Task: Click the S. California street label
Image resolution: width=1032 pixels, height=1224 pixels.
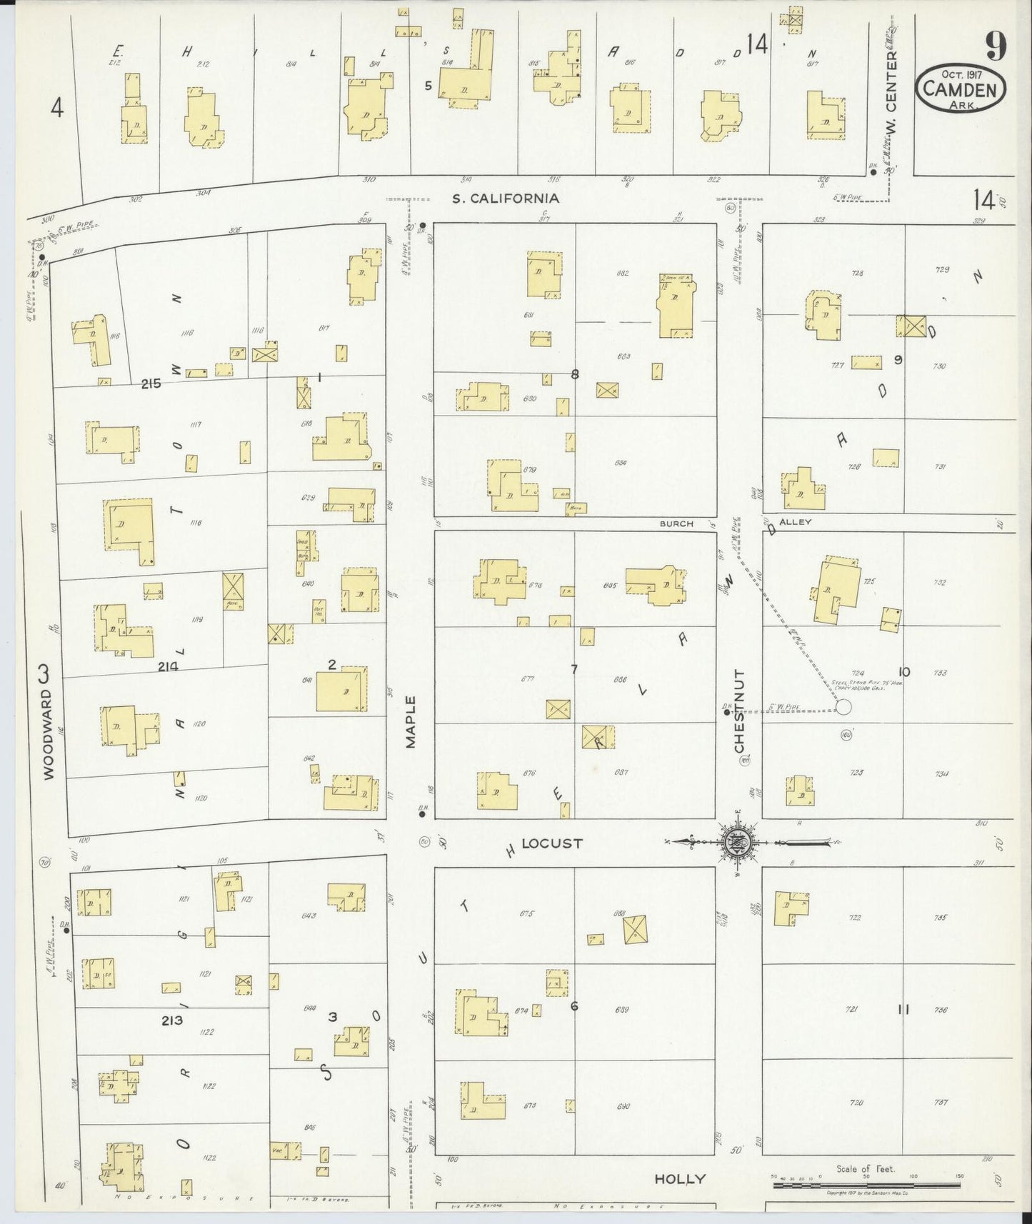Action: point(505,199)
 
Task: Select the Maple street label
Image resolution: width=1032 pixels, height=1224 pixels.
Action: point(411,722)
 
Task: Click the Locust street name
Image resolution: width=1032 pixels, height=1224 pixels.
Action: point(551,843)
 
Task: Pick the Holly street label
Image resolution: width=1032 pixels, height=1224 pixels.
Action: point(680,1179)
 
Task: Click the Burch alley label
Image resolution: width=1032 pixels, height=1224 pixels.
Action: point(676,523)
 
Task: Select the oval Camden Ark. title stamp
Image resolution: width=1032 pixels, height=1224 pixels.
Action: point(961,88)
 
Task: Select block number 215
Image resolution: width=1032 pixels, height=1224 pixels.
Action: point(151,383)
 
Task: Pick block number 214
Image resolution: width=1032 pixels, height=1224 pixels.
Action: point(169,666)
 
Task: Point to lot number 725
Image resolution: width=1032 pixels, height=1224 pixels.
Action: point(869,581)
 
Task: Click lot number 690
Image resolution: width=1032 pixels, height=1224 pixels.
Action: point(622,1106)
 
